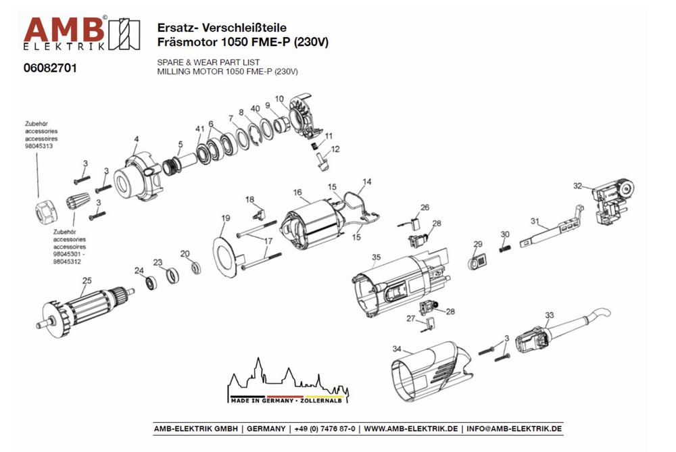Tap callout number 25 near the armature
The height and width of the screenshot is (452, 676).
point(87,280)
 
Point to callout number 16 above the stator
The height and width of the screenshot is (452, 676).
point(297,193)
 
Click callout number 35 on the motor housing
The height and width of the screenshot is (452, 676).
point(377,257)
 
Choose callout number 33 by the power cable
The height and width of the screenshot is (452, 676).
point(549,315)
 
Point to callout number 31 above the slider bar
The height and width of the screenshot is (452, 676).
point(535,221)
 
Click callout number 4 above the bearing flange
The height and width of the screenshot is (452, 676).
point(136,139)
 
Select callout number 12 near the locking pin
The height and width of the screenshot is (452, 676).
point(335,149)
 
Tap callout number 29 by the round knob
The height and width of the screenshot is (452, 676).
point(477,244)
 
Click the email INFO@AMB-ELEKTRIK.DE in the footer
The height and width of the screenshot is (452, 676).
point(514,429)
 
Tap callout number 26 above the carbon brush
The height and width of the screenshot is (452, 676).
point(425,207)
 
